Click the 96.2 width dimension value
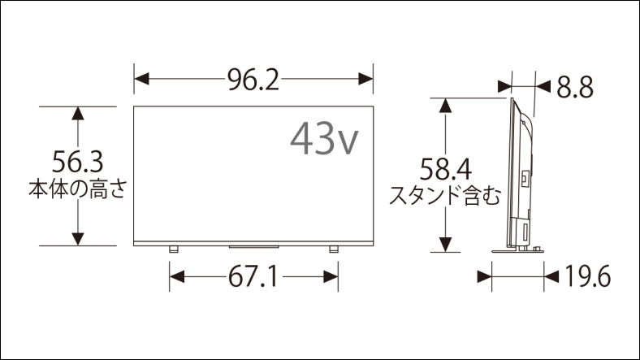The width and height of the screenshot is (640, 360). pyautogui.click(x=253, y=79)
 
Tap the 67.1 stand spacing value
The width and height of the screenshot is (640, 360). pyautogui.click(x=253, y=278)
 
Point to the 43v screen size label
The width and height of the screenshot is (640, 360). pyautogui.click(x=323, y=139)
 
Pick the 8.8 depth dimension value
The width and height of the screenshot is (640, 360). pyautogui.click(x=575, y=85)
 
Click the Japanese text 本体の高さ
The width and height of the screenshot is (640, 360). pyautogui.click(x=78, y=189)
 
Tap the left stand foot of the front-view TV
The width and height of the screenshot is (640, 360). pyautogui.click(x=172, y=249)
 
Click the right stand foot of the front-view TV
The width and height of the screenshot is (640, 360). pyautogui.click(x=333, y=249)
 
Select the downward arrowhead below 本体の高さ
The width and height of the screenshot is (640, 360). pyautogui.click(x=78, y=238)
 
